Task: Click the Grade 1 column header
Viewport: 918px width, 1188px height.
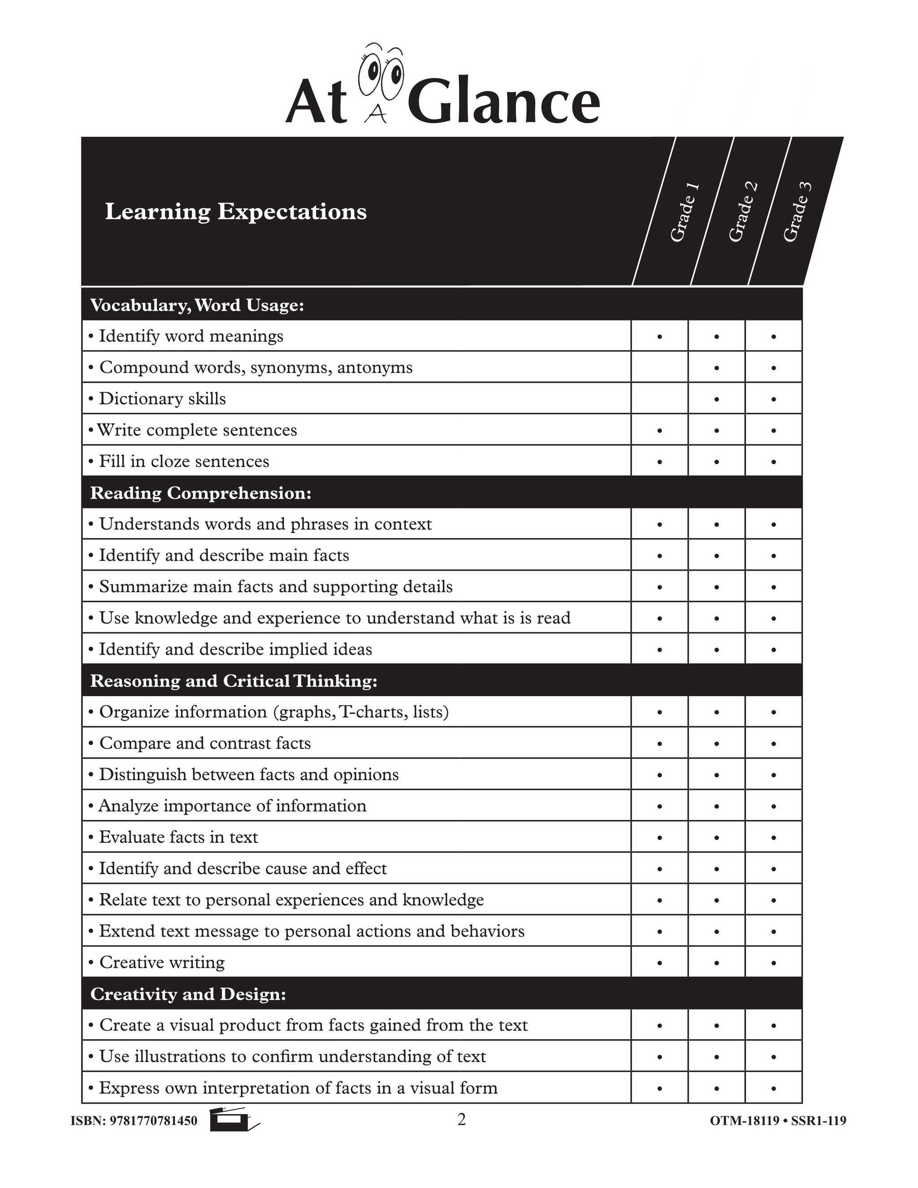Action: tap(684, 212)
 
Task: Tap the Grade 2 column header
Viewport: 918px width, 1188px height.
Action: tap(742, 212)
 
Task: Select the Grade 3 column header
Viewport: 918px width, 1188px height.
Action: tap(797, 212)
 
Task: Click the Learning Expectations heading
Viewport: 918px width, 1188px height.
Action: tap(235, 212)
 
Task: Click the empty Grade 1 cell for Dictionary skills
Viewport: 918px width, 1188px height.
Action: tap(659, 399)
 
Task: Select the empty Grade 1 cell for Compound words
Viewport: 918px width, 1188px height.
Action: tap(659, 367)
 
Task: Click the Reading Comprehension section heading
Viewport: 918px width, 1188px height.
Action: tap(201, 493)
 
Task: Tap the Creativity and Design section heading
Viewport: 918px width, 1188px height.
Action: tap(188, 994)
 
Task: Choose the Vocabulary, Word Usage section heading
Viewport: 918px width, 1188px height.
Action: tap(197, 305)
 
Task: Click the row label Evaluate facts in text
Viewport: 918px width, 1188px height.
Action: tap(178, 837)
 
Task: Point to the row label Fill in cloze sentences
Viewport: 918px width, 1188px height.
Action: tap(184, 461)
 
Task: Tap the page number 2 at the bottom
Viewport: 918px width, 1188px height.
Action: tap(461, 1120)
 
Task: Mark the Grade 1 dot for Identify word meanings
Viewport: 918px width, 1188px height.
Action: tap(659, 337)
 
